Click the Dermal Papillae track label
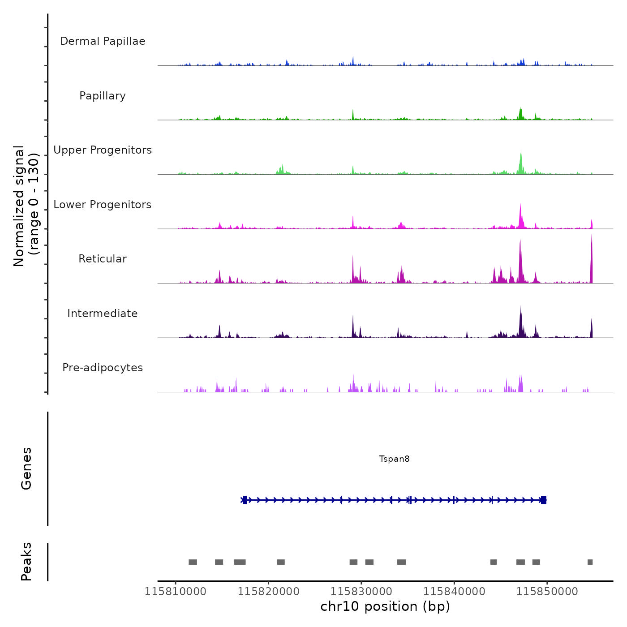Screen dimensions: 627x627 (103, 41)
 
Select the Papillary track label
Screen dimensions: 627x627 (103, 96)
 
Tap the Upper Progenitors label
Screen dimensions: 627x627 (103, 150)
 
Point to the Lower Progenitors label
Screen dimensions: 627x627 (103, 205)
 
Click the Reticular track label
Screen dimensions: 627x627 (103, 259)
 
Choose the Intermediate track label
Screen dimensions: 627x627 (103, 313)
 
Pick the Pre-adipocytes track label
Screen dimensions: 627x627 (103, 368)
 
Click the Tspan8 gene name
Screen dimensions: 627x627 (394, 459)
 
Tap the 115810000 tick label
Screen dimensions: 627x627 (176, 592)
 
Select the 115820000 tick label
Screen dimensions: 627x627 (268, 592)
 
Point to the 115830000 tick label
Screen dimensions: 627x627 (361, 592)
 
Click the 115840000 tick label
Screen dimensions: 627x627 (454, 592)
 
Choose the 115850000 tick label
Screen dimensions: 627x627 (547, 592)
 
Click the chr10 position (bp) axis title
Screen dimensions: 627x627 (385, 606)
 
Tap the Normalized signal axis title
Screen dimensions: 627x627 (26, 206)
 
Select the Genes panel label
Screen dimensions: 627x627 (26, 468)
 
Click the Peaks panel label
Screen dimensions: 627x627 (26, 562)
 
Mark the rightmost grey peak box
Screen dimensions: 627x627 (590, 562)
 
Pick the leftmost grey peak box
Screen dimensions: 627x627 (193, 562)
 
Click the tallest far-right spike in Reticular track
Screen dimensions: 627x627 (591, 260)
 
